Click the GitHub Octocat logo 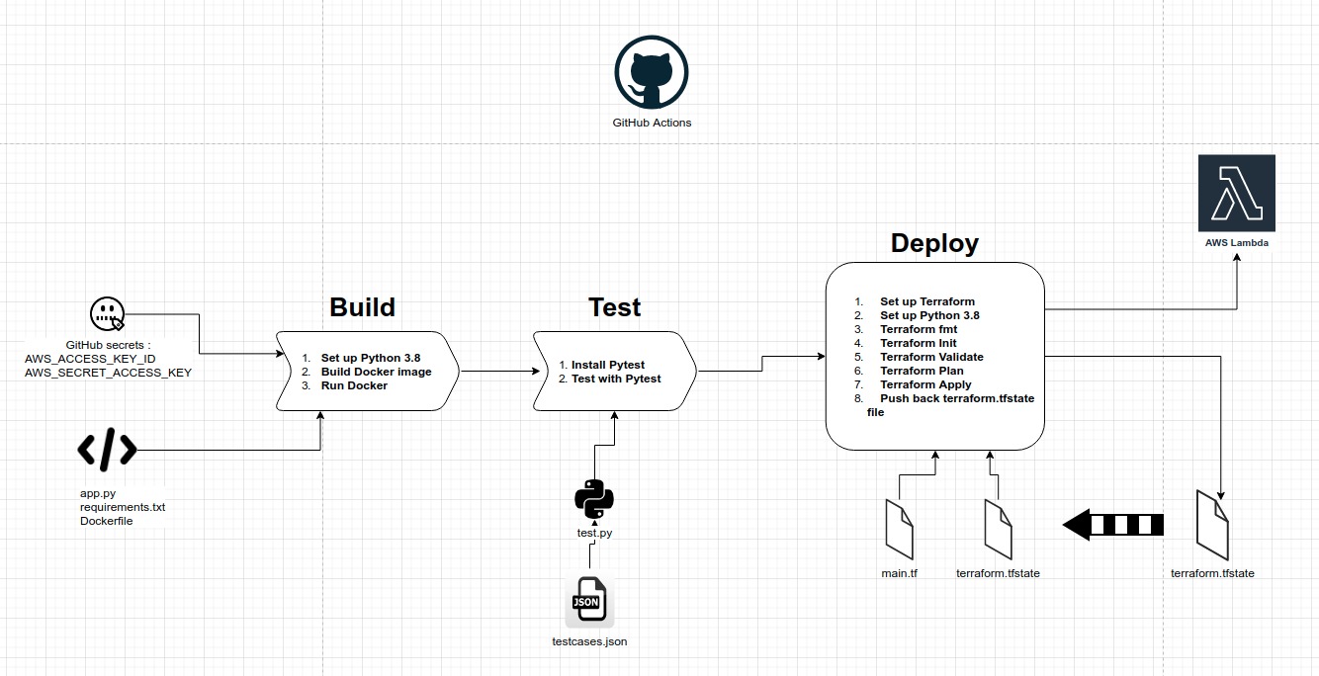pyautogui.click(x=651, y=72)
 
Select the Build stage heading pyautogui.click(x=362, y=307)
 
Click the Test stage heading pyautogui.click(x=614, y=307)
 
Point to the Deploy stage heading pyautogui.click(x=934, y=243)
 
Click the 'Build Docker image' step pyautogui.click(x=376, y=372)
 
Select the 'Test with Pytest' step pyautogui.click(x=615, y=379)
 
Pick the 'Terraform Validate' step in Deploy pyautogui.click(x=931, y=357)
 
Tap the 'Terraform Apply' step pyautogui.click(x=925, y=384)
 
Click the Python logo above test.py pyautogui.click(x=594, y=499)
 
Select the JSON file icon pyautogui.click(x=588, y=601)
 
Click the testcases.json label pyautogui.click(x=589, y=641)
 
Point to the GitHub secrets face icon pyautogui.click(x=107, y=314)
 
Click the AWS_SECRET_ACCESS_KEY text pyautogui.click(x=108, y=373)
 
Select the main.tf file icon pyautogui.click(x=899, y=529)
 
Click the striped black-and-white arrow pyautogui.click(x=1112, y=525)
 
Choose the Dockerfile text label pyautogui.click(x=106, y=521)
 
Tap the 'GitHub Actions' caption pyautogui.click(x=652, y=123)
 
